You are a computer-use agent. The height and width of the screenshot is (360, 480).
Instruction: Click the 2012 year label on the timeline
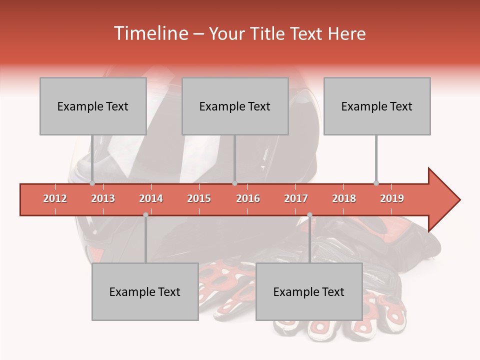click(x=55, y=198)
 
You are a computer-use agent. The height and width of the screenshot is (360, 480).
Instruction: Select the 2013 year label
click(x=103, y=198)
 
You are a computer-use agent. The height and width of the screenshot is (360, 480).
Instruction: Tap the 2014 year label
click(x=151, y=198)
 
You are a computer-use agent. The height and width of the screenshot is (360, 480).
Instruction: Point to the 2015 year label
click(x=199, y=198)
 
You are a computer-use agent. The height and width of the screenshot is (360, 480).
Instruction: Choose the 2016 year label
click(x=248, y=198)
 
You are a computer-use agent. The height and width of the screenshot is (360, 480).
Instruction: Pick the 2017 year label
click(x=296, y=198)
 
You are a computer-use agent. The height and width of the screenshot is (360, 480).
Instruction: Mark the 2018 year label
click(x=344, y=198)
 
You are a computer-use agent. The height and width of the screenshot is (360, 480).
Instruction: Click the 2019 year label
click(x=392, y=198)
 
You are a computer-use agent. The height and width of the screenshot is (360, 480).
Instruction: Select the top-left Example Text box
click(x=93, y=106)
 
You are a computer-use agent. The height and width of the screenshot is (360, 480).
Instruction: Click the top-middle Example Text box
click(x=235, y=106)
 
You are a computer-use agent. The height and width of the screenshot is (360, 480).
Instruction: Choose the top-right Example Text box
click(x=377, y=106)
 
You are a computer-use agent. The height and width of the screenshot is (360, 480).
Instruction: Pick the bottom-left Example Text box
click(x=145, y=291)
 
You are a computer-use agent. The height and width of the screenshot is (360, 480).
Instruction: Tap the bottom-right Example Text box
click(x=309, y=291)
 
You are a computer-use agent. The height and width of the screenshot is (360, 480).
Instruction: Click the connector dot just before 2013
click(x=92, y=183)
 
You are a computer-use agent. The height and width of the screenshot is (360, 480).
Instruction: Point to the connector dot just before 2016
click(x=234, y=183)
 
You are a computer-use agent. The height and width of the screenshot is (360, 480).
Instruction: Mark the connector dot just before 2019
click(x=376, y=183)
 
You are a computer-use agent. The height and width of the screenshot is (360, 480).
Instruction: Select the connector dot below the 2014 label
click(x=145, y=215)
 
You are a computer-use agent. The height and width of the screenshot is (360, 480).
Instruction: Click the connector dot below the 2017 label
click(x=309, y=215)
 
